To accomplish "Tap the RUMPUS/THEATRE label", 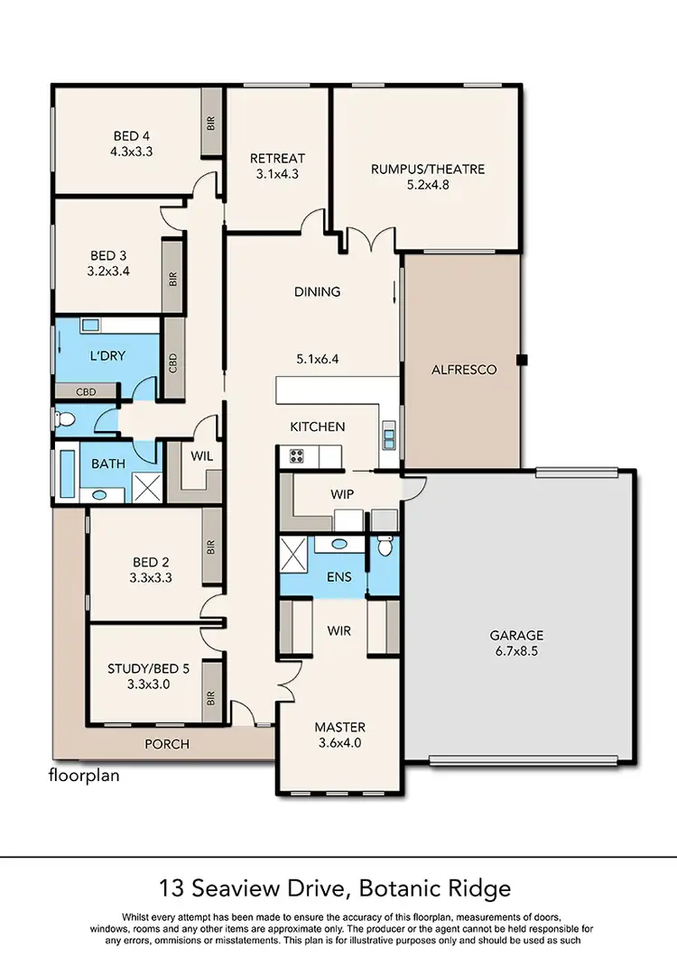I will point(428,169).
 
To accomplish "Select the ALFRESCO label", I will point(464,369).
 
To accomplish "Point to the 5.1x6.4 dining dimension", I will point(317,359).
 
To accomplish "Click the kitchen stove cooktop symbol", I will point(297,456).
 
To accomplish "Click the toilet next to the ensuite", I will point(385,546).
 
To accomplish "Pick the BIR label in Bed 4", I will point(211,124).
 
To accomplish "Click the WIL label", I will point(202,456).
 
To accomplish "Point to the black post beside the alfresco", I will point(522,361).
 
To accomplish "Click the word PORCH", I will point(168,744).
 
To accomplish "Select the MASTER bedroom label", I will point(339,727).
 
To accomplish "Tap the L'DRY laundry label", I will point(107,355).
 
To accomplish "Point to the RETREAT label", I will point(277,159).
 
